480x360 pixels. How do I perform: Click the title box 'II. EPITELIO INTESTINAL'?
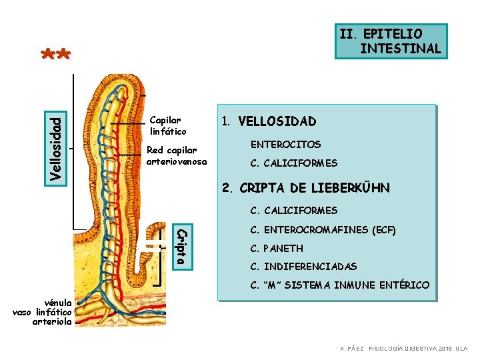point(390,41)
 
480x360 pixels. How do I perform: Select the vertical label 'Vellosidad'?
point(58,147)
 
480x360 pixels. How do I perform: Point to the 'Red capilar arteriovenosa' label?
point(177,156)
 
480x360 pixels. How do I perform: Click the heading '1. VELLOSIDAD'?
point(269,121)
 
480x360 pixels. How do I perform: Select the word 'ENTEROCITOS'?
point(285,144)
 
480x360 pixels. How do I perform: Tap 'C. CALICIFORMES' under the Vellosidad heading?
point(293,163)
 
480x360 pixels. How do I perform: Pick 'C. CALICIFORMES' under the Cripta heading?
point(293,211)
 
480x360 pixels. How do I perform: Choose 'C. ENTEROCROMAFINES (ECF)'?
point(323,231)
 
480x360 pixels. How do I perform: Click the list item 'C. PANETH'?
point(276,249)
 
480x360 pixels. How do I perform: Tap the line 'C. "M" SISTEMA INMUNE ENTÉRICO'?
point(339,285)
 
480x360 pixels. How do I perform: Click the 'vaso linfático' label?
point(42,312)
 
